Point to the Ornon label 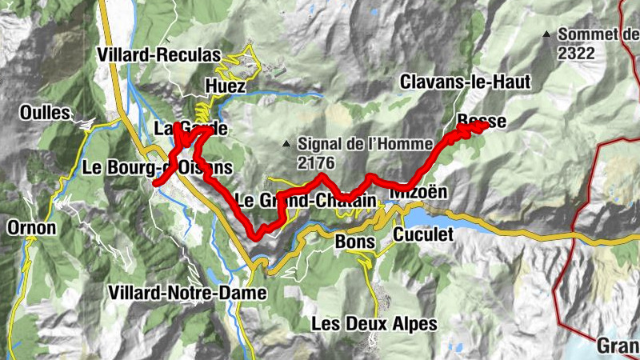click(x=31, y=228)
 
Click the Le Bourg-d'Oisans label click(x=158, y=168)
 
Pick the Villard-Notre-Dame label click(x=189, y=293)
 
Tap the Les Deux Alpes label click(x=374, y=324)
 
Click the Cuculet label click(x=423, y=234)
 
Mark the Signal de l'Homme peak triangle click(x=286, y=145)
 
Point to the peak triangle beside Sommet click(x=546, y=34)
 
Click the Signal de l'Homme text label click(x=354, y=145)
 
